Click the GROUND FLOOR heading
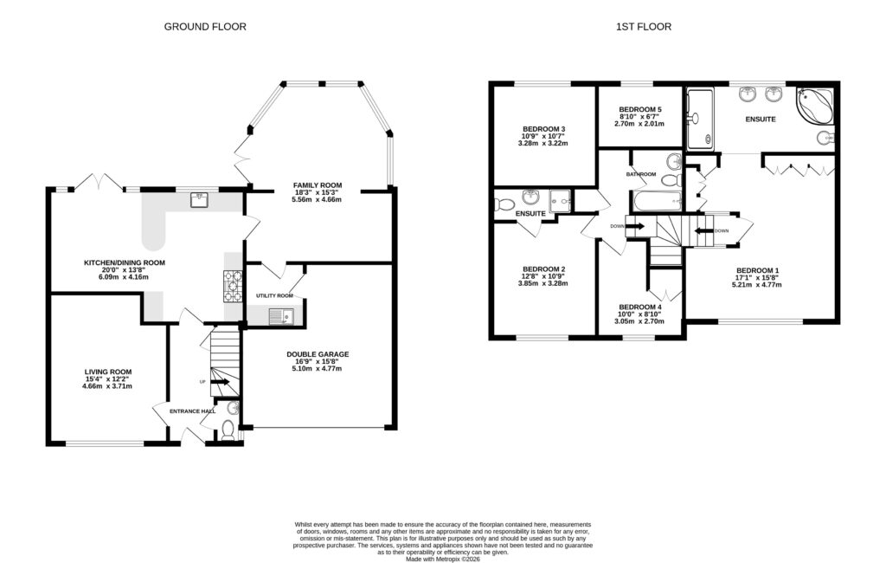coord(205,27)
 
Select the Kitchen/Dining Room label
coord(124,262)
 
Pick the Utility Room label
coord(274,296)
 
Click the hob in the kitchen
coord(234,286)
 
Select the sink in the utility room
coord(281,316)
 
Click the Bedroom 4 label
coord(640,307)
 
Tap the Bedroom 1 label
coord(758,270)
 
